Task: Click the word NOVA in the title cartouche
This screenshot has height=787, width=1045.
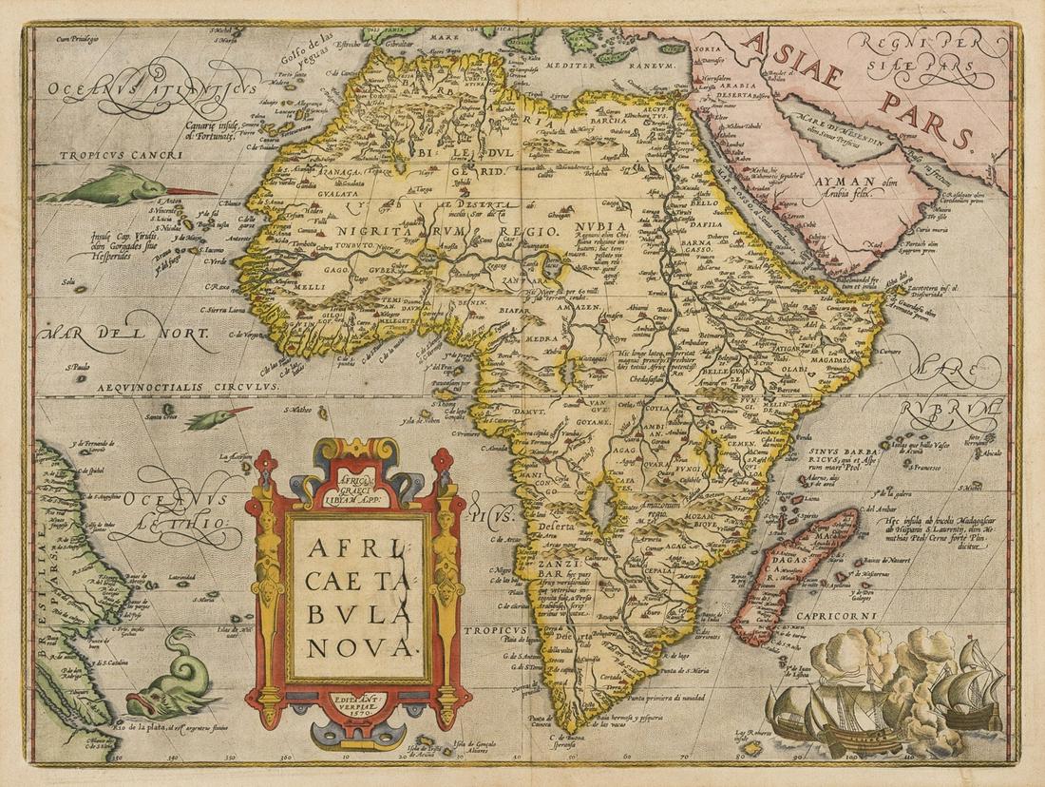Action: coord(356,646)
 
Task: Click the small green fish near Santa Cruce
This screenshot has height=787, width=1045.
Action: coord(218,416)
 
